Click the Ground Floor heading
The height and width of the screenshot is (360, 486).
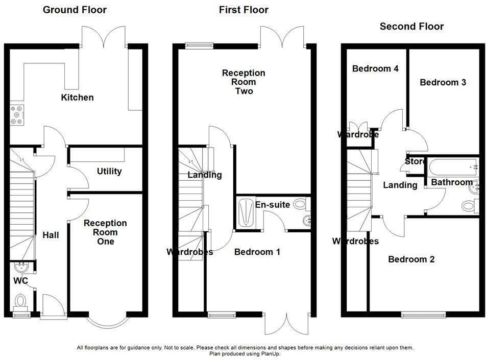tap(75, 10)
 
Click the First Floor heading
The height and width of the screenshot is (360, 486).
tap(244, 10)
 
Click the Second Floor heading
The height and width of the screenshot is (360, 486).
tap(411, 26)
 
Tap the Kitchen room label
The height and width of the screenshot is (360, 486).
tap(77, 98)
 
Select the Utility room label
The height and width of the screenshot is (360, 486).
tap(109, 171)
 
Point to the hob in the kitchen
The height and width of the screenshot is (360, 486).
tap(16, 115)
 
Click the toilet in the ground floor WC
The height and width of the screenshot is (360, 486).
tap(21, 301)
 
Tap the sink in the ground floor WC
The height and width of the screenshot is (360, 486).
tap(22, 267)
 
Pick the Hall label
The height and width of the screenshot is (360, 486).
tap(51, 235)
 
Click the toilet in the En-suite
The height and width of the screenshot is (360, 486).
tap(301, 204)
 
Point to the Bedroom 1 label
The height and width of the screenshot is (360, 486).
tap(257, 252)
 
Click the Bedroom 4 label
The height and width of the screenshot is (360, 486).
tap(375, 68)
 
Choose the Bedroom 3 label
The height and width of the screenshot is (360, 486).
tap(443, 82)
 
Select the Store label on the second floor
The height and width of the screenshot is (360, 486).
tap(415, 162)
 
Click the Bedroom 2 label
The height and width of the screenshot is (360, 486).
tap(411, 259)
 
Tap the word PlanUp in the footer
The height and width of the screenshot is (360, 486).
tap(270, 353)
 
